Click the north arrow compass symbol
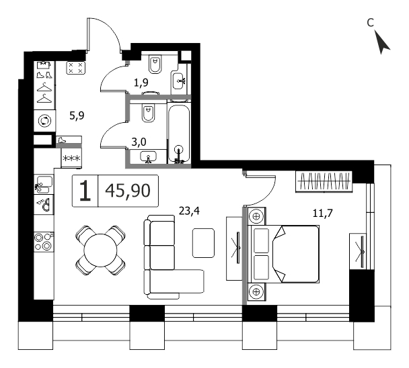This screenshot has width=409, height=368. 382,42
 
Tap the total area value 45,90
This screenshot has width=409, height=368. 128,191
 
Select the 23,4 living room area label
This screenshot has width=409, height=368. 190,211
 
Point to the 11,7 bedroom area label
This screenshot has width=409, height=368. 323,214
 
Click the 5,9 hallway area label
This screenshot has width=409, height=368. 77,115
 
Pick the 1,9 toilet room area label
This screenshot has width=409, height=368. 141,83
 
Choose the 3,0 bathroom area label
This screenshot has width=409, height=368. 139,142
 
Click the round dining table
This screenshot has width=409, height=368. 100,250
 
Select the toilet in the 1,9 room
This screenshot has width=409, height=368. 155,64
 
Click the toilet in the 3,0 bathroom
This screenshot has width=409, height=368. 148,113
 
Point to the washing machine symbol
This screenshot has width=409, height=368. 44,121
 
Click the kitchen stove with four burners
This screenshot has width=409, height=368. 44,242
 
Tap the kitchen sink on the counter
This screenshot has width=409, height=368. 44,185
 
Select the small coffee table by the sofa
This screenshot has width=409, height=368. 203,243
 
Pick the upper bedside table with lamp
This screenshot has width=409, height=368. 256,216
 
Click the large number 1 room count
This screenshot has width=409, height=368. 85,191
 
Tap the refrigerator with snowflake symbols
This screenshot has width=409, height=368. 71,158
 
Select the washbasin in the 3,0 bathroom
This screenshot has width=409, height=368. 149,156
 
